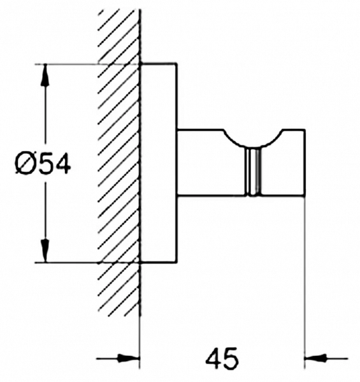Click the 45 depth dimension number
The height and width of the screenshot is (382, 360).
[x=222, y=359]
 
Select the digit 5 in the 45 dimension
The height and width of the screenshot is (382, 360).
[x=230, y=359]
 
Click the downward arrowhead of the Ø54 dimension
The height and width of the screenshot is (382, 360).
[x=45, y=251]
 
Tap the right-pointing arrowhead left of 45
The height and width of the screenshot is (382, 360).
[x=128, y=358]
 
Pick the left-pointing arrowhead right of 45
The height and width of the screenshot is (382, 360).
[x=315, y=358]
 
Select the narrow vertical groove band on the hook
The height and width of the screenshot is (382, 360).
[x=253, y=171]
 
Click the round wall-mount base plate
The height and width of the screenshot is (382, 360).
[x=159, y=163]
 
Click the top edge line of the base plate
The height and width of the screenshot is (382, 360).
[x=159, y=64]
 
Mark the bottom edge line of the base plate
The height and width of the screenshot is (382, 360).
[x=159, y=263]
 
